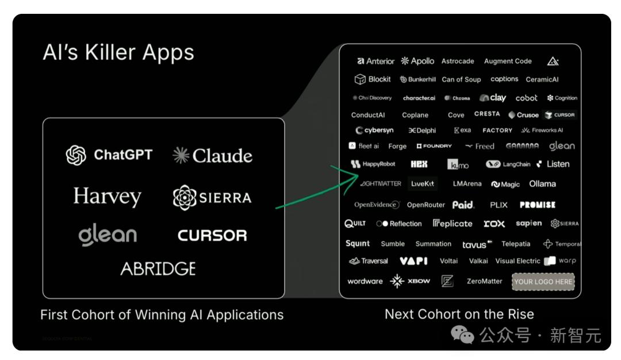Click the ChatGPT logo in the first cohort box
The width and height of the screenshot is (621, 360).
point(109,155)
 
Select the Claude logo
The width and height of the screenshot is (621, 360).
point(212,155)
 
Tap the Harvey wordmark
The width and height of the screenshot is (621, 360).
point(107,197)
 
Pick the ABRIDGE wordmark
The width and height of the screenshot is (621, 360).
point(158,269)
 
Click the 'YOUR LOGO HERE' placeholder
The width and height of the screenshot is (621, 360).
point(543,281)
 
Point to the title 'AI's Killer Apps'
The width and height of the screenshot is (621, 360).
point(118,52)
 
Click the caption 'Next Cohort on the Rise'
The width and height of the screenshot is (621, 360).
point(459,314)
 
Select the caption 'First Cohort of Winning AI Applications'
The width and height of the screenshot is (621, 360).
point(162,315)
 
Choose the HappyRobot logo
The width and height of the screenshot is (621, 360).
point(373,164)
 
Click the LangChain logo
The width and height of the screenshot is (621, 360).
point(508,164)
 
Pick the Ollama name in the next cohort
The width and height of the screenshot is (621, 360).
point(542,184)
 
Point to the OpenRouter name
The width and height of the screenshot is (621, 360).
point(425,205)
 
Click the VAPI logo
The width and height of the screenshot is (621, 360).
point(413,261)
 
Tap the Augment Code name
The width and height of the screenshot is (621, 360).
point(508,61)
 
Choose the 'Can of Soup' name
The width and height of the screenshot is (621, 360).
point(461,79)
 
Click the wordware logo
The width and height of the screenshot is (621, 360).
point(365,281)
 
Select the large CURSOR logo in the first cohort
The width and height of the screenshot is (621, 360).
point(212,235)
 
